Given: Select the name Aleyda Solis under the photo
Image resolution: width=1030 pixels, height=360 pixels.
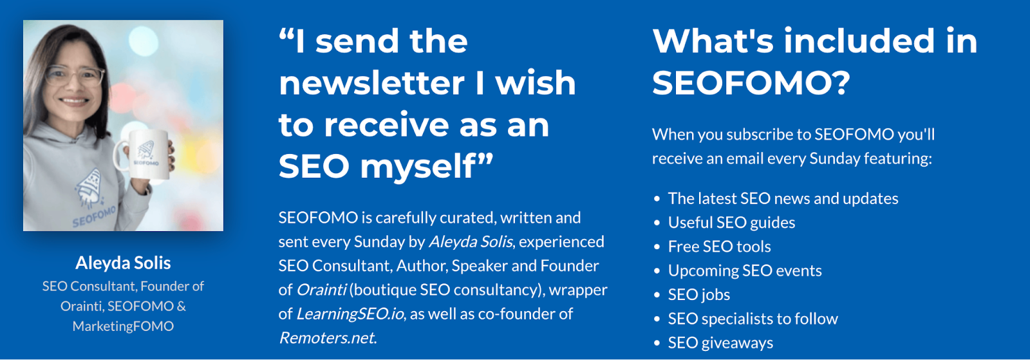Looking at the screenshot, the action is pos(123,263).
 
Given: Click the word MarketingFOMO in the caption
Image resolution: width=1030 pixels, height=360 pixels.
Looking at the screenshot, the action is pos(123,326).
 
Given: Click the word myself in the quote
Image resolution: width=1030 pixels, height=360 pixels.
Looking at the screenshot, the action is pos(426,167).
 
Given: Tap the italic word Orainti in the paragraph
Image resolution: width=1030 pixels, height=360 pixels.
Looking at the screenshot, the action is pos(321,290).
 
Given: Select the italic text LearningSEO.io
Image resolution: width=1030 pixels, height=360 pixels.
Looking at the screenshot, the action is pos(350,314).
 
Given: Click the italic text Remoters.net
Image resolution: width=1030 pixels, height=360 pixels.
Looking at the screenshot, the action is pos(328,338).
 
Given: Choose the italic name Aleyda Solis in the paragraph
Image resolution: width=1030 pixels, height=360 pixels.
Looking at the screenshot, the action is pos(471,242).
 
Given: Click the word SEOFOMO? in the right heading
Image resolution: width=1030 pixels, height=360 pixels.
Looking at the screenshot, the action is pos(751,83).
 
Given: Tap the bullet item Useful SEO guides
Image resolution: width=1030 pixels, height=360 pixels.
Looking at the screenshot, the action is pos(731,223).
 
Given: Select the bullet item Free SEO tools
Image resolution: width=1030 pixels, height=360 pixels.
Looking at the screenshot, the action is pos(720,247).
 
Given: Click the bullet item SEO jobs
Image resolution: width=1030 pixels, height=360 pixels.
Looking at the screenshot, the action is pos(699,295).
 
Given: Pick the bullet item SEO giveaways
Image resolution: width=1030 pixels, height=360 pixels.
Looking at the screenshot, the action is pos(720,343).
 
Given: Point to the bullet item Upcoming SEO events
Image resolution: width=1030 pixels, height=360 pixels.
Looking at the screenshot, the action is pos(745,270).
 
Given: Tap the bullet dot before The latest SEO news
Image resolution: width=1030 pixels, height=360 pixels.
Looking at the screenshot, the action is pos(657,199).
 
